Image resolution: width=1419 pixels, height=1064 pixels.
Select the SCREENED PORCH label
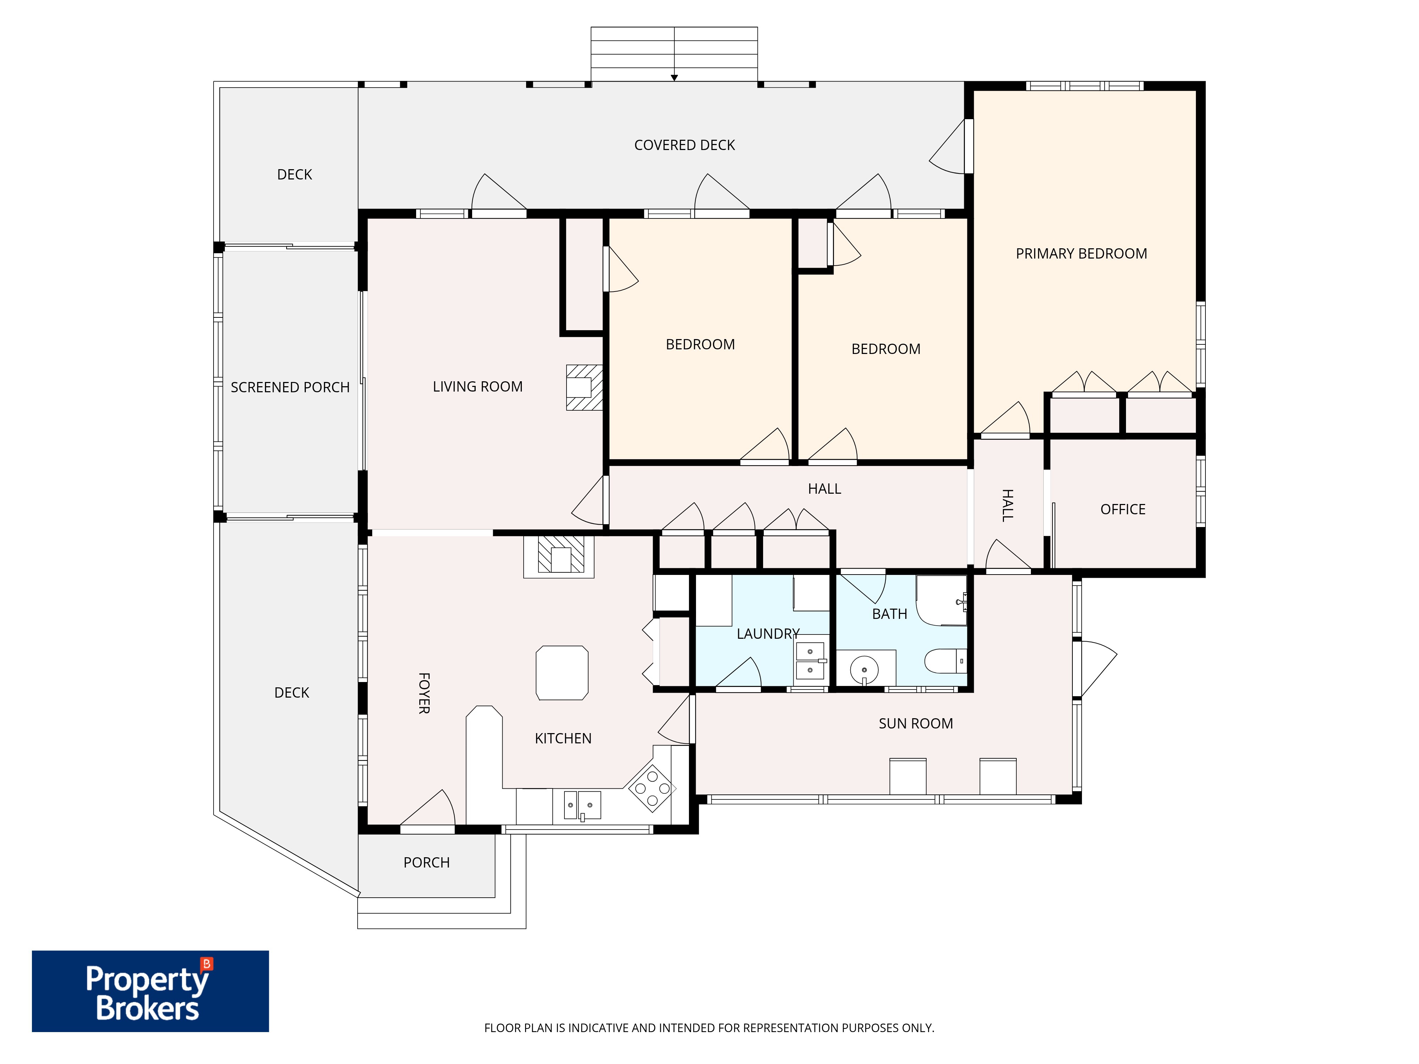[x=290, y=387]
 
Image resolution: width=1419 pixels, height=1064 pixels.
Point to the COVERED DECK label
[x=684, y=145]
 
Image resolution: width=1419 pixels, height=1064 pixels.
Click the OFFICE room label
[x=1123, y=509]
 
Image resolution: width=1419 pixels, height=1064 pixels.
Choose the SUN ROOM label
[x=915, y=724]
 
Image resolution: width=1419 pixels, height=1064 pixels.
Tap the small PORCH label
[x=427, y=863]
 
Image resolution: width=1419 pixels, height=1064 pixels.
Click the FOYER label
[x=424, y=693]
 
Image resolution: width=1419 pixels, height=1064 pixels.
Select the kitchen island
[x=562, y=673]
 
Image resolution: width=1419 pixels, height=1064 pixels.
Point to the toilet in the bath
[x=945, y=661]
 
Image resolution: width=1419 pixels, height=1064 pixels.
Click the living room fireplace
[x=584, y=387]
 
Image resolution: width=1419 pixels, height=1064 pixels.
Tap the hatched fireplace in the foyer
[x=561, y=555]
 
